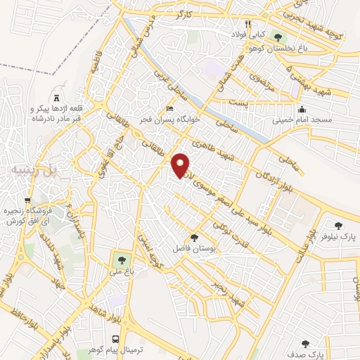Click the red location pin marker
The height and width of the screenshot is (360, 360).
(x=181, y=166)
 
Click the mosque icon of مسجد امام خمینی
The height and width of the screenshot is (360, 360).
(x=302, y=110)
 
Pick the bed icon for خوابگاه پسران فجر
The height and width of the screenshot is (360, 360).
(x=168, y=109)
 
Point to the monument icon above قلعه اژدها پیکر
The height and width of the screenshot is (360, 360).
(x=56, y=97)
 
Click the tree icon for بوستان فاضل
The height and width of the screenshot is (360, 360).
(x=194, y=238)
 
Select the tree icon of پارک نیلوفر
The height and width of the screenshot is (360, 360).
(x=338, y=226)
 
